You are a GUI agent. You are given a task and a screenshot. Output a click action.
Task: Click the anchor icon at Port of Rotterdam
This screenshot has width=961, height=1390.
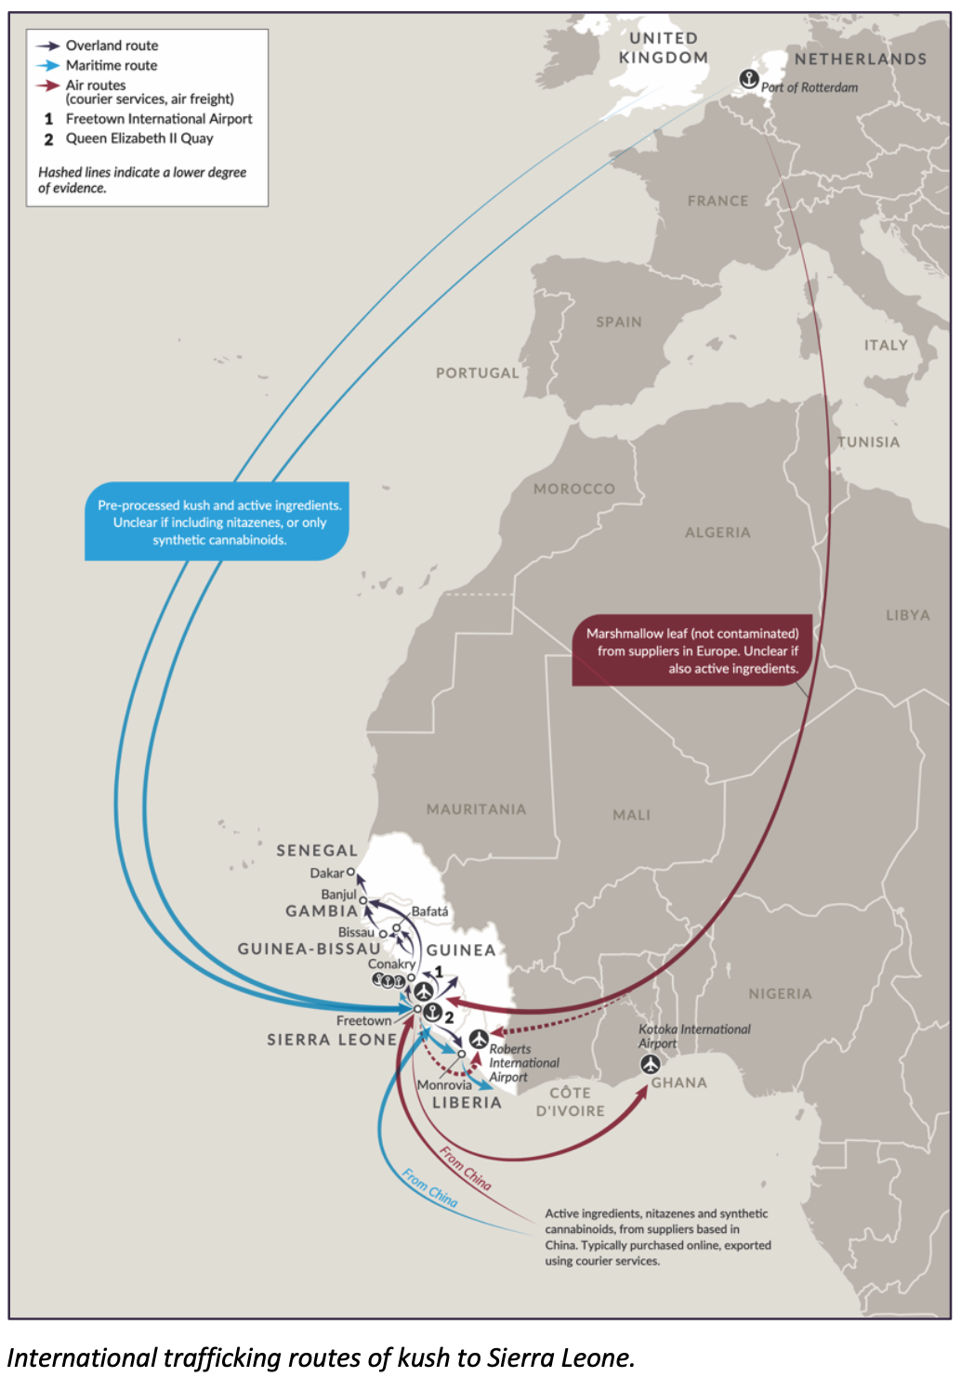(748, 79)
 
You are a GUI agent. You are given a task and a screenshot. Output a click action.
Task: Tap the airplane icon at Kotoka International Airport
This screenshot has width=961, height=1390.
(651, 1064)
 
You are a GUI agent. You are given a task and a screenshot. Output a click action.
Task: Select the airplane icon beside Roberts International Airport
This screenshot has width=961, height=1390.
(479, 1038)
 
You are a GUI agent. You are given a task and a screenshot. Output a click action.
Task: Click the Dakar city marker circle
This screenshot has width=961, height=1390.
(350, 872)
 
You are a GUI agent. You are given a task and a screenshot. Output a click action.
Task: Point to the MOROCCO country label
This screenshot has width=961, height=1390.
(574, 489)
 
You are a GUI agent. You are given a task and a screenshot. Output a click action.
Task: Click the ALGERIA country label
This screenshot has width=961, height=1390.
(717, 532)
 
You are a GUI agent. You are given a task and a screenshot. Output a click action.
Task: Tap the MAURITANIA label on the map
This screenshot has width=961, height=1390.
(476, 809)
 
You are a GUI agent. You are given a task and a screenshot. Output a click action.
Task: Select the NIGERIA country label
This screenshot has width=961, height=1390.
(780, 994)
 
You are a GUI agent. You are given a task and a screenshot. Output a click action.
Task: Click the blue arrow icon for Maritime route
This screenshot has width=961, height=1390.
(47, 65)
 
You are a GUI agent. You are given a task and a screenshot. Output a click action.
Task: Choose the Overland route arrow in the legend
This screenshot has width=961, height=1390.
(47, 46)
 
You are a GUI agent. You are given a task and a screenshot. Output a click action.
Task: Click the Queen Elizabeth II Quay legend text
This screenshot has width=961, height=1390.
(139, 138)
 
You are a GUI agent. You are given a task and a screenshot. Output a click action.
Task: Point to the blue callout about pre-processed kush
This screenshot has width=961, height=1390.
(218, 522)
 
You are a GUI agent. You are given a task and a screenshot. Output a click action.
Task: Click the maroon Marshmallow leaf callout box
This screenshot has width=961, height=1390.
(691, 650)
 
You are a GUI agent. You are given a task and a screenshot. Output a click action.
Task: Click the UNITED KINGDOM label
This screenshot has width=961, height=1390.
(664, 47)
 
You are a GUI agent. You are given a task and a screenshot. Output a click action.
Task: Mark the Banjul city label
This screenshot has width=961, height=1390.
(338, 894)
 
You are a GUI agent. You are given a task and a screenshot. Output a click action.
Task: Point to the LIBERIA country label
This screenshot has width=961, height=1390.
(467, 1103)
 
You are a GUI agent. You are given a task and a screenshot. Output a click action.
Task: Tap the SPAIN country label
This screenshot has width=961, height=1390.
(619, 322)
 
